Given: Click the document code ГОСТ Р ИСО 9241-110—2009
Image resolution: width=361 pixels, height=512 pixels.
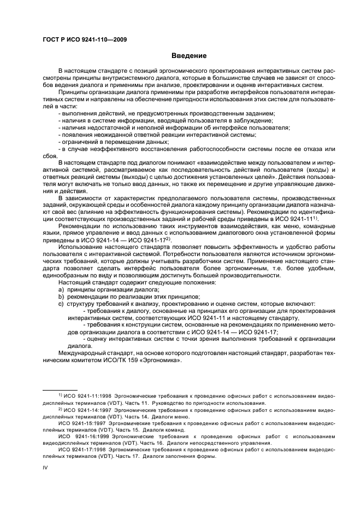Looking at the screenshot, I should (81, 39).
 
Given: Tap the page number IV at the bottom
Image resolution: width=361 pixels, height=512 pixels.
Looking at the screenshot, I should (45, 467).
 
